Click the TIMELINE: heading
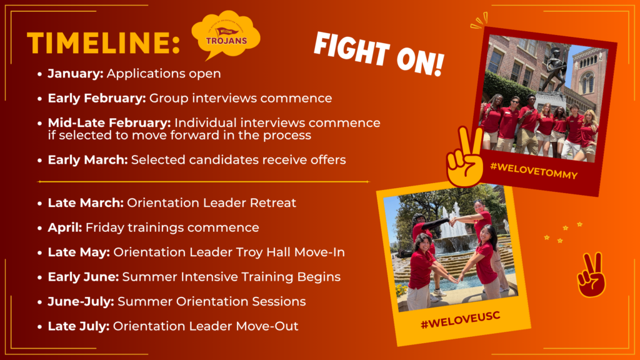pos(103,43)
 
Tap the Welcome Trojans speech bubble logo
pos(226,36)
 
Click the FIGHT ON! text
pos(379,54)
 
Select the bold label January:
pos(76,74)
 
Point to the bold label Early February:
pos(97,98)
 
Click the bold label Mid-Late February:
pos(109,123)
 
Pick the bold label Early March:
pos(87,159)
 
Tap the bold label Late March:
pos(86,203)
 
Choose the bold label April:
pos(65,227)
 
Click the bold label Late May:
pos(79,252)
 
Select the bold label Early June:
pos(83,277)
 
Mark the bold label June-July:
pos(81,302)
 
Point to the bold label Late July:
pos(78,326)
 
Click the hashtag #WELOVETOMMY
pos(534,171)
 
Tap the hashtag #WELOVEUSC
pos(461,319)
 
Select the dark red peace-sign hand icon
pos(591,275)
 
